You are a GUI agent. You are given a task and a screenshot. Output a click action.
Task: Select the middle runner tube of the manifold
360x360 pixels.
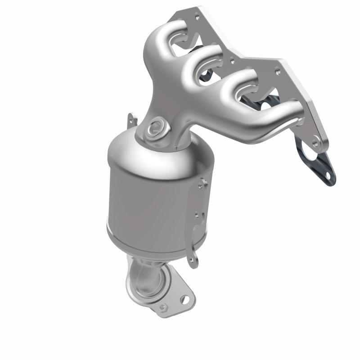coord(198,67)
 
